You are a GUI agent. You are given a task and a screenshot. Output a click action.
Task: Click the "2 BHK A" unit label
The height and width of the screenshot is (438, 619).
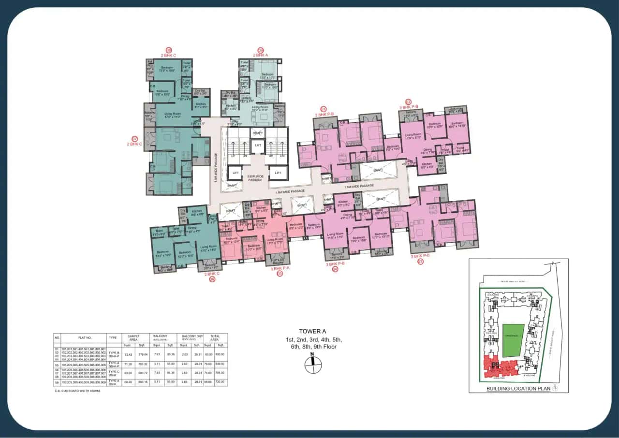(x=260, y=55)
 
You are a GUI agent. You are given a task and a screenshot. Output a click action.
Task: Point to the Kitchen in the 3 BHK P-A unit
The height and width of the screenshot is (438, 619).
(x=262, y=209)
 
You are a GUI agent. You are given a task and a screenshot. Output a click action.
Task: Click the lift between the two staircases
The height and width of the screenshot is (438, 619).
(x=258, y=146)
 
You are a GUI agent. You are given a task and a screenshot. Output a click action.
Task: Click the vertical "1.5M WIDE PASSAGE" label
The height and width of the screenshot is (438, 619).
(x=216, y=167)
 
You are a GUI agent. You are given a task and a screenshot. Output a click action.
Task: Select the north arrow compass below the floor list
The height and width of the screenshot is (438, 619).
(x=313, y=364)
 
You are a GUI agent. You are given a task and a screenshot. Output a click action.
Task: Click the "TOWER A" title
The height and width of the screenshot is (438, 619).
(x=313, y=331)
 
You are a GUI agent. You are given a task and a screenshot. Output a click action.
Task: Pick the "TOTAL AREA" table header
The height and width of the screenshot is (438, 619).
(x=215, y=337)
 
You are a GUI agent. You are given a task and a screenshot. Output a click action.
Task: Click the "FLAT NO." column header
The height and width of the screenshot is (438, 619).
(x=85, y=337)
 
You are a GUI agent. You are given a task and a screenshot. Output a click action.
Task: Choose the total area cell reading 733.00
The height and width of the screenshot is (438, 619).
(x=221, y=382)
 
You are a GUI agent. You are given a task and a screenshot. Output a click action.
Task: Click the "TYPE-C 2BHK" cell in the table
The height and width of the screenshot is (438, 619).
(x=113, y=373)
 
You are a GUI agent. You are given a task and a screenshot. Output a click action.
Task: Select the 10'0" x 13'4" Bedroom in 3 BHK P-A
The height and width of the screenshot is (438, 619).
(x=231, y=240)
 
